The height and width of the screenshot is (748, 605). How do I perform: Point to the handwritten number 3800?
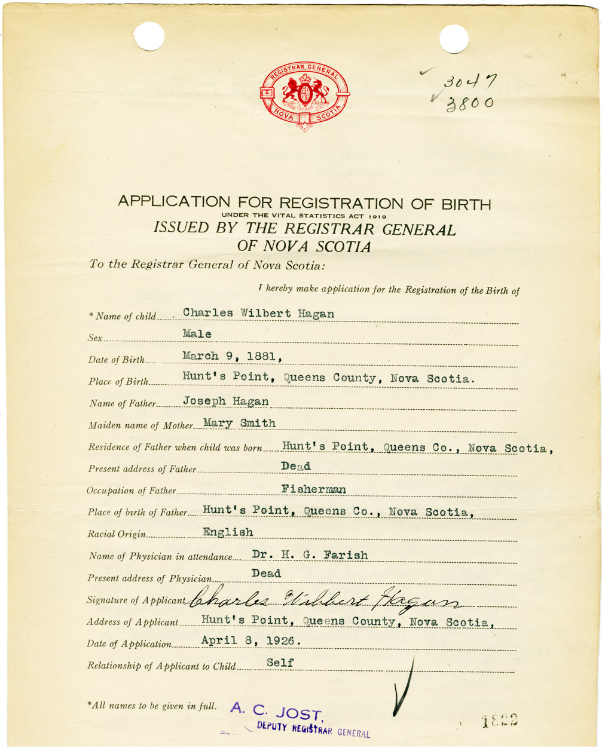coord(470,104)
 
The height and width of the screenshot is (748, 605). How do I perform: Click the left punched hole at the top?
coord(148,36)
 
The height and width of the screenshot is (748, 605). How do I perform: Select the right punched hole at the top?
coord(454,39)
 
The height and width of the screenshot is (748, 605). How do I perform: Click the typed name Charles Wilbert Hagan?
coord(258,313)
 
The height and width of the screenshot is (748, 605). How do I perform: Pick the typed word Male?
coord(197,334)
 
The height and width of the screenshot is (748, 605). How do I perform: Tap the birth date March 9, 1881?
coord(231,356)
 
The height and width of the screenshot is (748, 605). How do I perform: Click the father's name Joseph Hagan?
coord(225,401)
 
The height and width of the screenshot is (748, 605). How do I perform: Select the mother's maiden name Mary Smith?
coord(239,423)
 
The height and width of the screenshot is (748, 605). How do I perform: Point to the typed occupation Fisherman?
coord(313,489)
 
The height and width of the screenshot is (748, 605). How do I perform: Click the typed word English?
coord(228,532)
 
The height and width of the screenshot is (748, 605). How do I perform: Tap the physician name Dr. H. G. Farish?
coord(310,554)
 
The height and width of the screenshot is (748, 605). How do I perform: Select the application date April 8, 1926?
coord(250,641)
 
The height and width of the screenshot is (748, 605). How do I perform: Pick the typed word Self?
coord(280,663)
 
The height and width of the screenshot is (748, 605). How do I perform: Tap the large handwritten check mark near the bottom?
coord(404,687)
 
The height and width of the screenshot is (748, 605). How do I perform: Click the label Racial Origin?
coord(117,534)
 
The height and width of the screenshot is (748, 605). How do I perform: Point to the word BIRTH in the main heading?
coord(460,204)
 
